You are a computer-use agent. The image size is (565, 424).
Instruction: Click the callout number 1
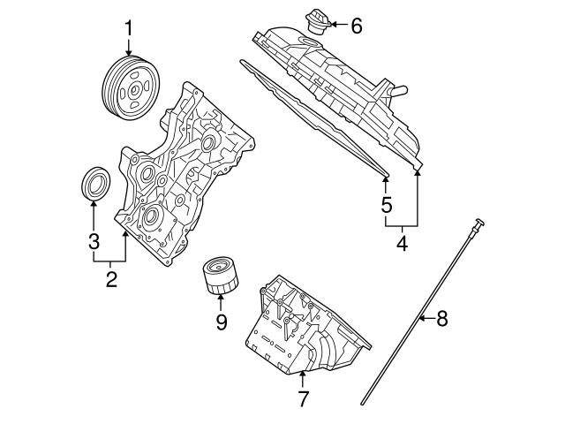[x=128, y=28]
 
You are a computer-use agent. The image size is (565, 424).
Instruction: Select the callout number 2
[x=111, y=281]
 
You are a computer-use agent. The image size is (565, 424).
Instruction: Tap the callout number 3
[x=94, y=240]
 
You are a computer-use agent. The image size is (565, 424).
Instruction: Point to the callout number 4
[x=403, y=241]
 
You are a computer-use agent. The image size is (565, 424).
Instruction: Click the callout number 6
[x=356, y=26]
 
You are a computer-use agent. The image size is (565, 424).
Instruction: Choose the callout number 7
[x=303, y=399]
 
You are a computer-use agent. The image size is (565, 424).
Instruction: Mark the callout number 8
[x=442, y=318]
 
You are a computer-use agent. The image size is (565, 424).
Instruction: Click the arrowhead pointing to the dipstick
[x=420, y=318]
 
